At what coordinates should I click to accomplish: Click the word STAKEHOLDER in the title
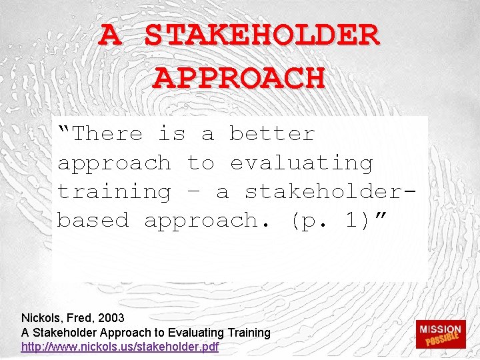263,35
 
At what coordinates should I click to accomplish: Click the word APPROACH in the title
239,78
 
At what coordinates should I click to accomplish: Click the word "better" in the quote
272,133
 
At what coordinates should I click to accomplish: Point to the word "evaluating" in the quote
301,163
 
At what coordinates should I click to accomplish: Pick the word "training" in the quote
114,191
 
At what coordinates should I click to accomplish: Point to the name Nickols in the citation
40,318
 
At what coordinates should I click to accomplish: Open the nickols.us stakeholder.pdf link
120,347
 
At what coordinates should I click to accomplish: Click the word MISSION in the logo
440,329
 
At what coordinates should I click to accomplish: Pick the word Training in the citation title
249,332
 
